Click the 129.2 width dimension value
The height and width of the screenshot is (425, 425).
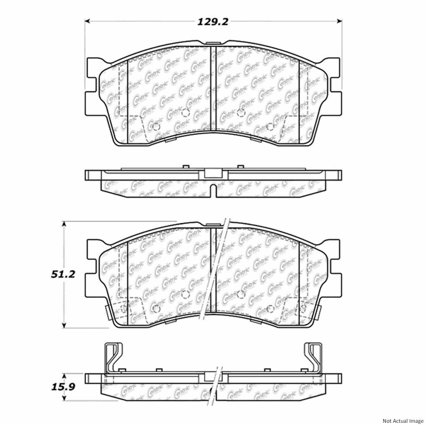(213, 22)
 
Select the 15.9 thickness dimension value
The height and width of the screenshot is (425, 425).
(59, 387)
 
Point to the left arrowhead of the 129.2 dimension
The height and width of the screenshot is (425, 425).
(87, 21)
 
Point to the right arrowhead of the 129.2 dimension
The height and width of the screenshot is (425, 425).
(340, 21)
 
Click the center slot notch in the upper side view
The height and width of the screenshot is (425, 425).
(213, 190)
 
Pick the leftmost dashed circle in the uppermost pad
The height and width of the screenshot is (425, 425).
(156, 127)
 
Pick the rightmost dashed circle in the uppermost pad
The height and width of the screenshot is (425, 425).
(270, 127)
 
